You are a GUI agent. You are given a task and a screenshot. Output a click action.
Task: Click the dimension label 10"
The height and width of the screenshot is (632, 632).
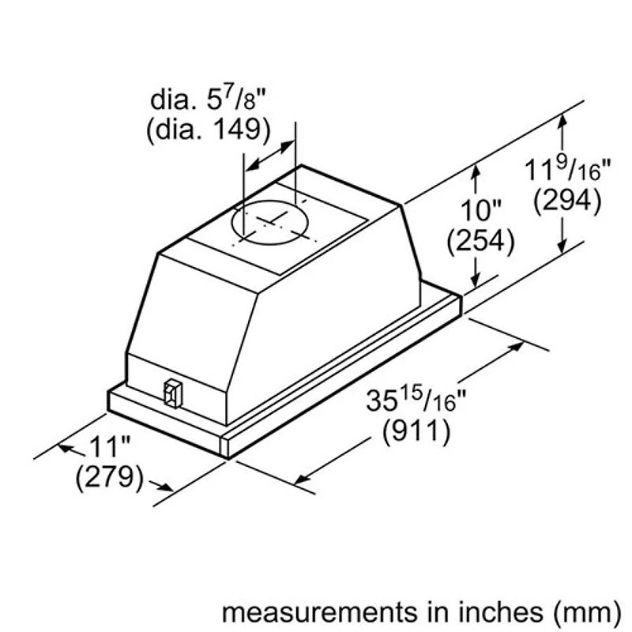(x=480, y=211)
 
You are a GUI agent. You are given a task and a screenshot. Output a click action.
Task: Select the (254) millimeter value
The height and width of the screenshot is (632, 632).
(x=480, y=239)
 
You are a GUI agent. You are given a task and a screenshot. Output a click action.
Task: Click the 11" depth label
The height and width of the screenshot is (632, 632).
(x=108, y=447)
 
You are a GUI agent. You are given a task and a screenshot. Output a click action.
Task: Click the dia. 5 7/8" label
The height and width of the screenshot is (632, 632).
(x=209, y=101)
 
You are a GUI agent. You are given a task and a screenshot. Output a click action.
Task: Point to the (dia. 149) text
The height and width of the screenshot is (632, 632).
(x=208, y=129)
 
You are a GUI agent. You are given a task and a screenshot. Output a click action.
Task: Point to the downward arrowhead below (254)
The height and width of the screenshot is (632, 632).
(x=476, y=281)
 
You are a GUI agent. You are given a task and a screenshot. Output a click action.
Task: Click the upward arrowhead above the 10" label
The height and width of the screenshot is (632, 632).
(x=476, y=168)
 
